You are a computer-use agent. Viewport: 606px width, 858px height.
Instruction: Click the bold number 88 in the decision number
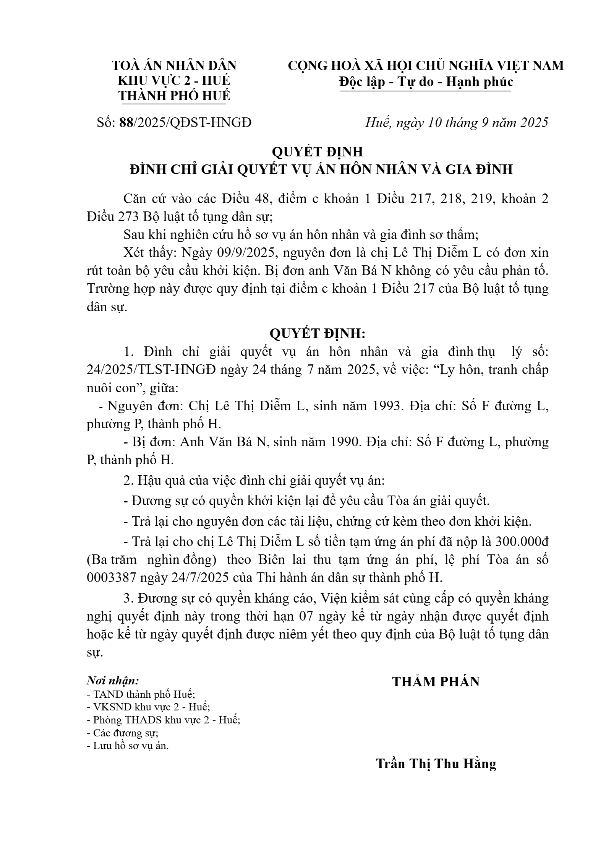click(125, 122)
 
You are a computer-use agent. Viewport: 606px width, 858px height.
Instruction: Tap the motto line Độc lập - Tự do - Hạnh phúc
click(426, 82)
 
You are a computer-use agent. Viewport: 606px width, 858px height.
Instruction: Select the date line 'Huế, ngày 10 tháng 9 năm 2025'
click(457, 122)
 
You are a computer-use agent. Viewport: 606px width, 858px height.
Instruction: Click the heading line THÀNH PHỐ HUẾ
click(174, 96)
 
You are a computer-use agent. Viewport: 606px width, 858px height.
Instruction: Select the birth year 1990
click(344, 442)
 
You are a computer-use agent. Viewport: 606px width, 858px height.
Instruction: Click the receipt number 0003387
click(111, 578)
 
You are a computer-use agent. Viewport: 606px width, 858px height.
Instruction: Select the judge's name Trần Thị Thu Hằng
click(436, 764)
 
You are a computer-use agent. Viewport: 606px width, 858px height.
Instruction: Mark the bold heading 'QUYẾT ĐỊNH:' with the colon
click(318, 333)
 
